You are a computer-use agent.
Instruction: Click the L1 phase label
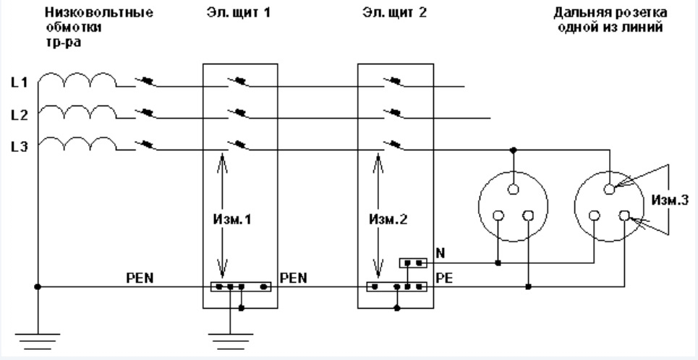tap(20, 82)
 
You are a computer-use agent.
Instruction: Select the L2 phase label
tap(20, 115)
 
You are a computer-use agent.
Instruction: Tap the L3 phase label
tap(20, 147)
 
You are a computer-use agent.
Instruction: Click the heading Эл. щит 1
tap(238, 13)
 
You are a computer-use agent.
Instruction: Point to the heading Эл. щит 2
tap(394, 13)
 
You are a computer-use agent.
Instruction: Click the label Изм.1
tap(232, 219)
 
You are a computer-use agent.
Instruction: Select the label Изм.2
tap(388, 219)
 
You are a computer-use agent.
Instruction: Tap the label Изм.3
tap(670, 200)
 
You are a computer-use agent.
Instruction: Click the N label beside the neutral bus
tap(440, 253)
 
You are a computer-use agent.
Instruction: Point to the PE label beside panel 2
tap(444, 278)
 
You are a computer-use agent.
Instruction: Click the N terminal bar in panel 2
tap(413, 263)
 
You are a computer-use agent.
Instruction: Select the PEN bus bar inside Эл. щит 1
tap(241, 286)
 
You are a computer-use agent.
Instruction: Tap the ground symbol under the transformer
tap(38, 342)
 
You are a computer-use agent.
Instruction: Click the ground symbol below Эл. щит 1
tap(230, 342)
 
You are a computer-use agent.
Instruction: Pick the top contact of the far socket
tap(610, 189)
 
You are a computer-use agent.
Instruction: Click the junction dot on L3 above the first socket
tap(514, 150)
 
